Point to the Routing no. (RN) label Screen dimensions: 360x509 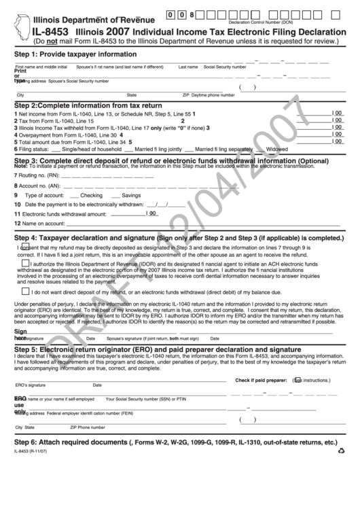coord(29,175)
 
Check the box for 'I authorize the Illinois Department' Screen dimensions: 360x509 coord(25,264)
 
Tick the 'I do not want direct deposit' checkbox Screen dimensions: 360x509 coord(25,291)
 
